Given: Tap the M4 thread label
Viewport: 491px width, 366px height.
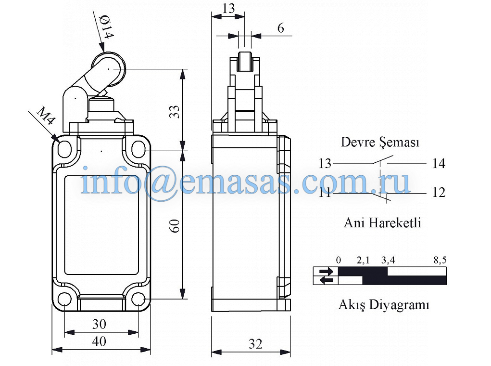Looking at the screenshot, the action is [46, 116].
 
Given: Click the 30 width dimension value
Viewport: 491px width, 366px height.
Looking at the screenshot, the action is [99, 324].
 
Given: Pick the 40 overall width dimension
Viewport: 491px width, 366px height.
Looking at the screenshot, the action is [99, 341].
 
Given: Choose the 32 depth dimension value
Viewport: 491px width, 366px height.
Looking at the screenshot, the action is [255, 344].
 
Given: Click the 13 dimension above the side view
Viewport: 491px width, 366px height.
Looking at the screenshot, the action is [228, 9].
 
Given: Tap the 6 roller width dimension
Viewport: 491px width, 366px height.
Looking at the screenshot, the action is [280, 28].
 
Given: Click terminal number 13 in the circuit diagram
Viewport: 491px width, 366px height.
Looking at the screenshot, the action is [325, 163].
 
